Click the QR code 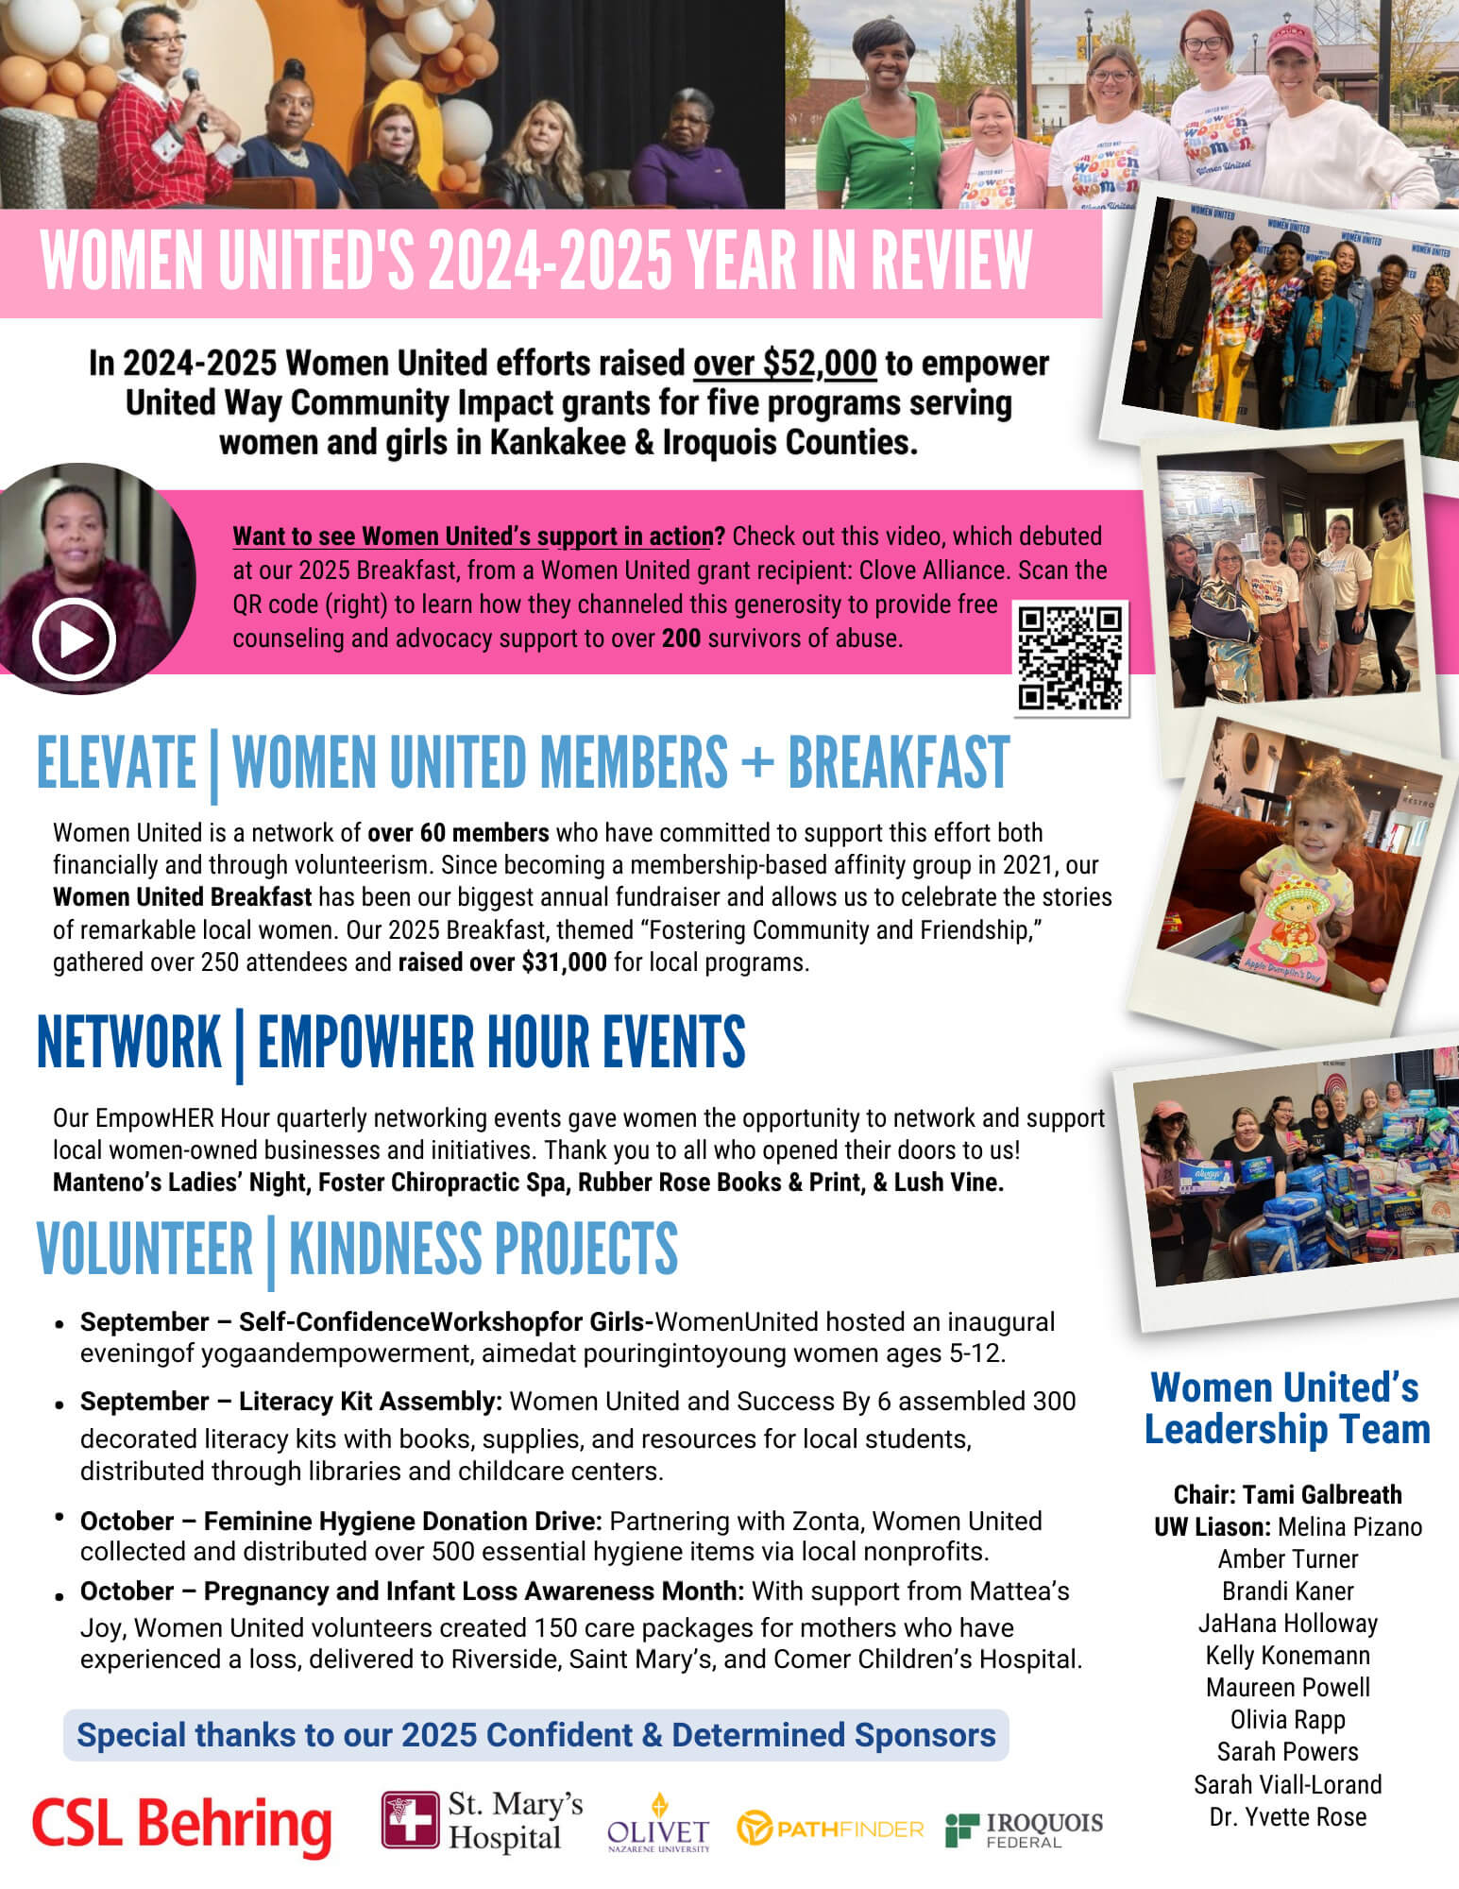[1071, 657]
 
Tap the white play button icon [74, 639]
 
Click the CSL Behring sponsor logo [181, 1824]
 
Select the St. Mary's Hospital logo [482, 1820]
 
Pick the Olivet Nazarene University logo [658, 1824]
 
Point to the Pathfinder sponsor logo [830, 1829]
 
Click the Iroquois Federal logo [1025, 1828]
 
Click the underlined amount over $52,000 [785, 364]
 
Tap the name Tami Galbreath [1322, 1494]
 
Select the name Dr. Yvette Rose [1288, 1816]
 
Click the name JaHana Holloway [1288, 1623]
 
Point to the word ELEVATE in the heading [116, 763]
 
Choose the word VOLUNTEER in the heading [144, 1249]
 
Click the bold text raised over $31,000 [502, 962]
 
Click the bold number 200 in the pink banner [681, 638]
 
